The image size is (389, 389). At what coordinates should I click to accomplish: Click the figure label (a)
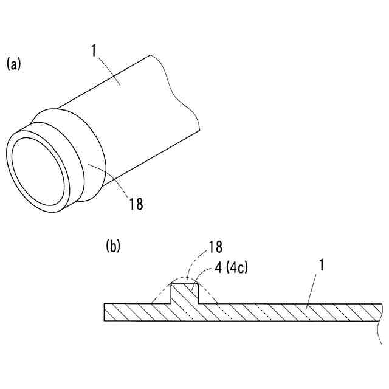click(13, 63)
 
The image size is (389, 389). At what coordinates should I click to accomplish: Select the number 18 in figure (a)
click(136, 204)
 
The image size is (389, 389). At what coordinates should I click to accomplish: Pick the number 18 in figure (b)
click(215, 247)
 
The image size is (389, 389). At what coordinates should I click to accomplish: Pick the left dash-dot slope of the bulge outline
click(161, 292)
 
